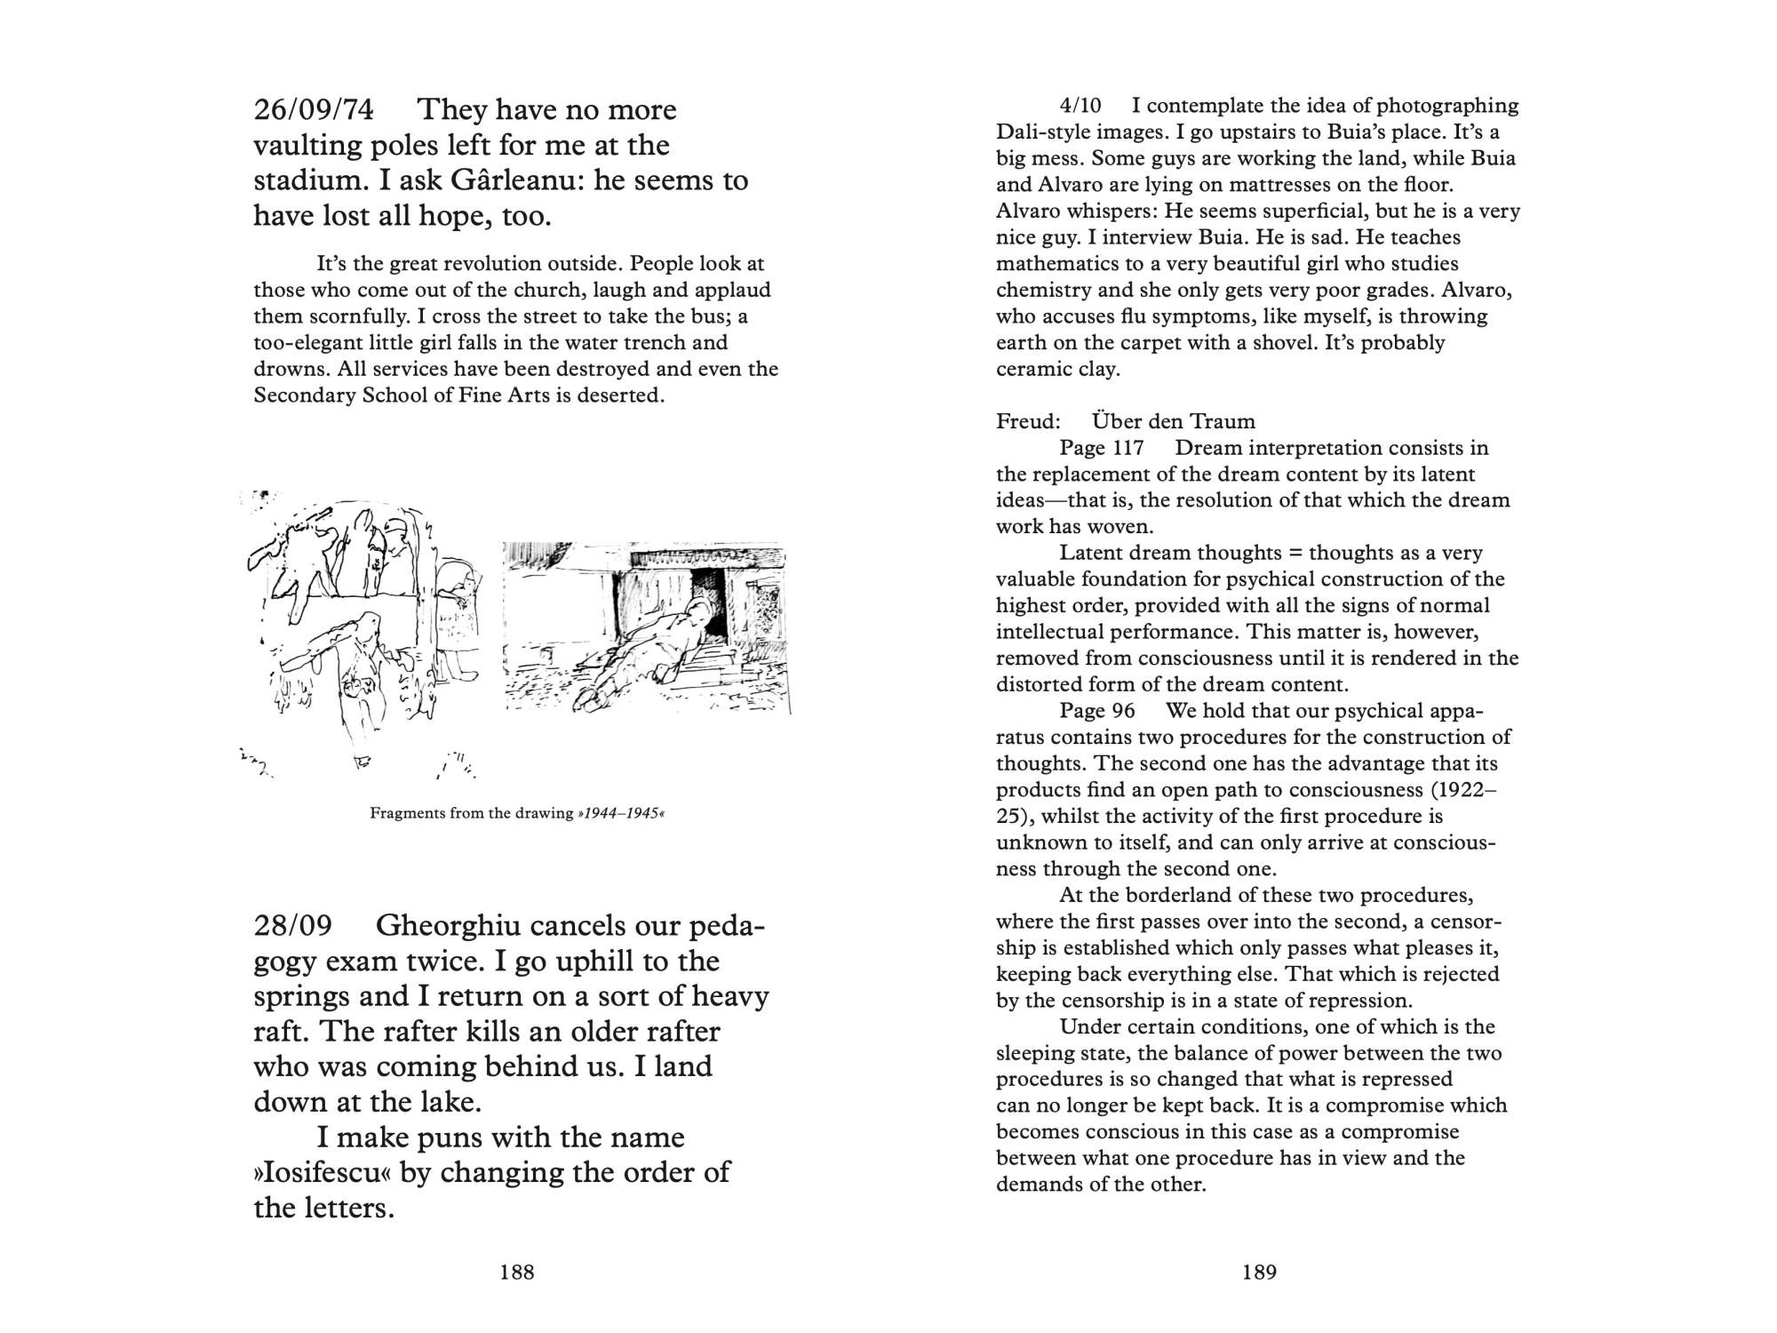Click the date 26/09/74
314,110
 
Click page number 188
517,1273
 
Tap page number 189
1259,1273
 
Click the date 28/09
292,926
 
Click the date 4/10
1080,106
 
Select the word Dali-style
1040,132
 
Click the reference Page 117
1102,448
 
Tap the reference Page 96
1097,711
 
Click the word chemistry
1039,291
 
